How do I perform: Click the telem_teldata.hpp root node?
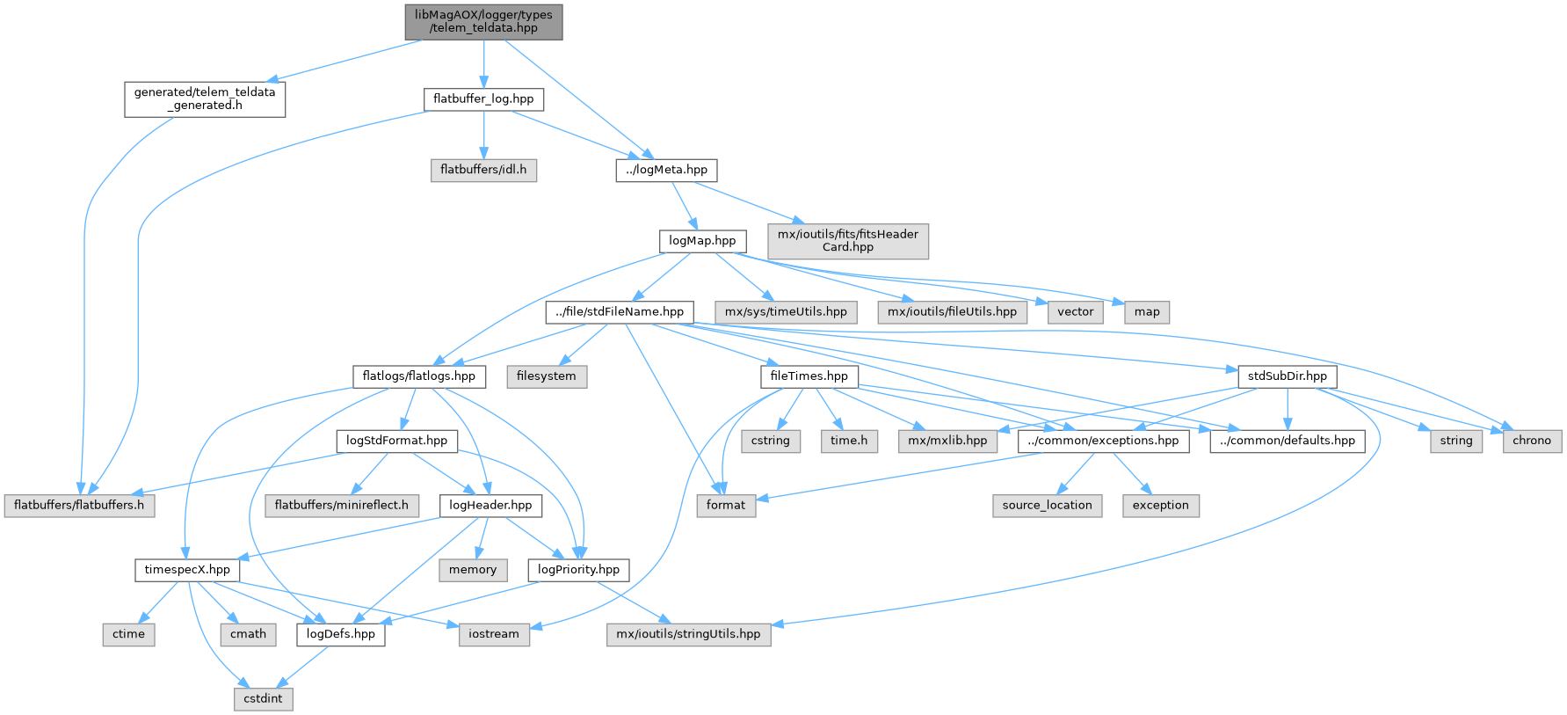483,21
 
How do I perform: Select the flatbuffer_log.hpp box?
483,99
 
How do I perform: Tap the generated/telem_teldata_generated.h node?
205,98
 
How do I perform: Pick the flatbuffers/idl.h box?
483,170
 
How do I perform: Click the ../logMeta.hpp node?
666,170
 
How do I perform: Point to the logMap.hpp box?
702,241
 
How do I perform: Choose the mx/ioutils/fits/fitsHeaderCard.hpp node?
847,241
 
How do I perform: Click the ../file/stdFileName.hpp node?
620,312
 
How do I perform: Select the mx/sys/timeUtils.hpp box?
786,312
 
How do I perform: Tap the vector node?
1076,312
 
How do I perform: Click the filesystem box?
547,376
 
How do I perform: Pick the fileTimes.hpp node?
809,376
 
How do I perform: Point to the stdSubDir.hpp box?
1287,376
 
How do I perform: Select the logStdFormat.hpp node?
396,441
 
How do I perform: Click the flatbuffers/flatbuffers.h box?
79,506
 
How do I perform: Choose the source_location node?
1047,506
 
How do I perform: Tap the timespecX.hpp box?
187,570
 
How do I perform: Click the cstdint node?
264,698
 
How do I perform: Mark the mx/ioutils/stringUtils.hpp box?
688,634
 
